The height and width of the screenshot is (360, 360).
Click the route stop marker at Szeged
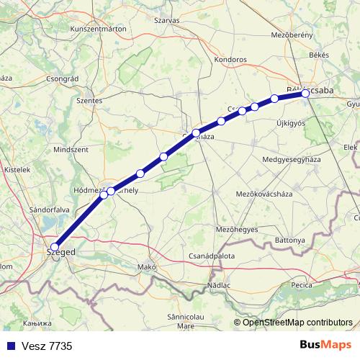click(x=55, y=247)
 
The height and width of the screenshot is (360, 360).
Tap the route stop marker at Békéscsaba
click(x=305, y=94)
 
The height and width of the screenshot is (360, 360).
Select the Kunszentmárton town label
click(x=99, y=29)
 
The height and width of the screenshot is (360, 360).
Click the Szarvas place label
click(x=166, y=21)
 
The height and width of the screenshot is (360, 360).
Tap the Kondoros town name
click(x=230, y=60)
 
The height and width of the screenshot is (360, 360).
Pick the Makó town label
click(x=147, y=267)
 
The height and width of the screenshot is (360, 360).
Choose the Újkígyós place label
click(x=291, y=123)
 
